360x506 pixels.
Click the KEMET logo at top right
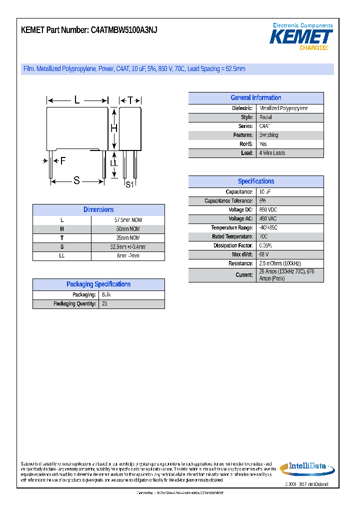click(x=301, y=37)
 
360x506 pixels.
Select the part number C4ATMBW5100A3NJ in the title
click(x=124, y=30)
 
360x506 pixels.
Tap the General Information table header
click(x=255, y=98)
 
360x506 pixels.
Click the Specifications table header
click(x=255, y=181)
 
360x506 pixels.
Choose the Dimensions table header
click(x=98, y=210)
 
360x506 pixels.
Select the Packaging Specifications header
click(x=98, y=284)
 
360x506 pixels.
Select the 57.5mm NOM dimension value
click(x=128, y=220)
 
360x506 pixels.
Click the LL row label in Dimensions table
click(x=61, y=256)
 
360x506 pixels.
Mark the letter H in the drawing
click(x=114, y=128)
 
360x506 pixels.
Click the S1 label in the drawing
click(x=129, y=184)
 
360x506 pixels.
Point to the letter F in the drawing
click(x=62, y=161)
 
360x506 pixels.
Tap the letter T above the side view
click(x=130, y=100)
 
